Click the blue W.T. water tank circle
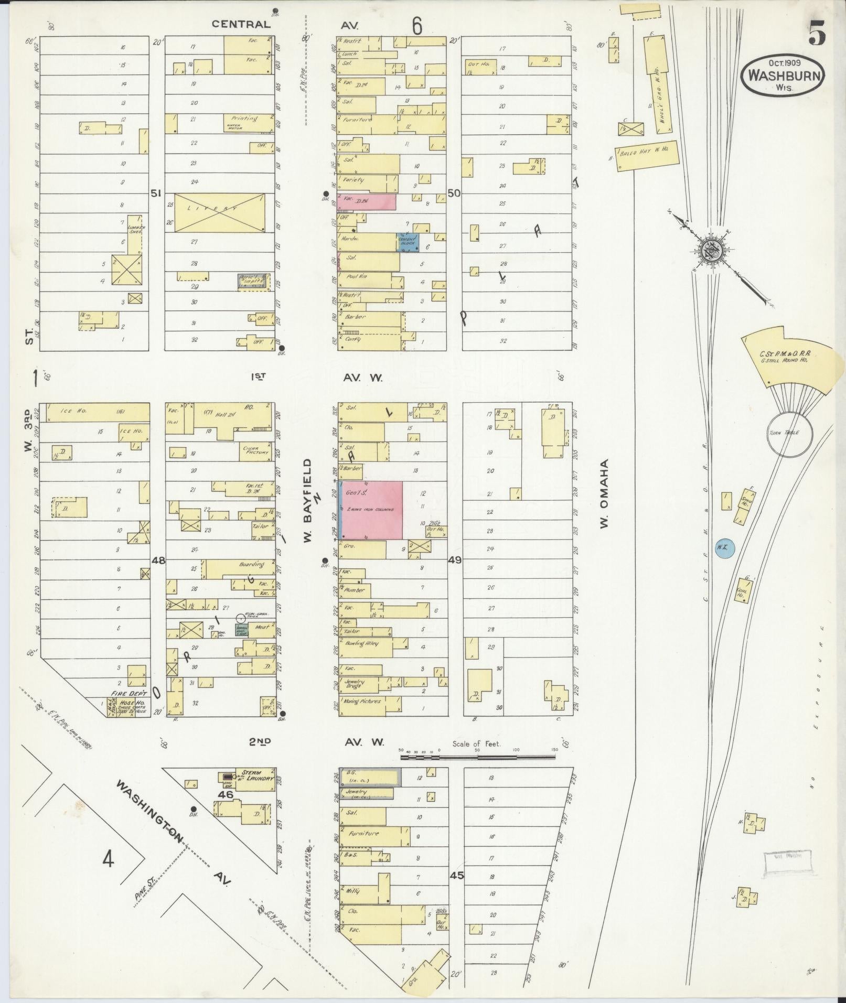click(x=724, y=548)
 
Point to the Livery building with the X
click(x=219, y=212)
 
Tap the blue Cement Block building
click(x=408, y=242)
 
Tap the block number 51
click(x=156, y=193)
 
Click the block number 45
click(x=457, y=875)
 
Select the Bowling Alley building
click(x=366, y=648)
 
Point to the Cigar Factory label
click(x=256, y=450)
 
